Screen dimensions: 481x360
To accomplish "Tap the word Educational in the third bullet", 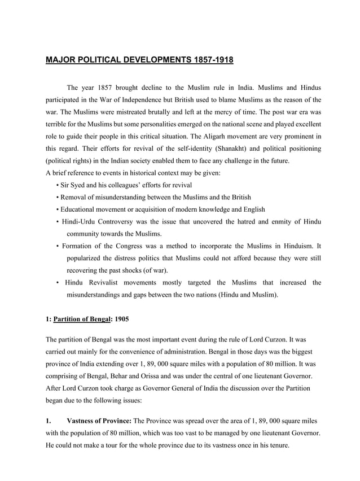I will point(80,209).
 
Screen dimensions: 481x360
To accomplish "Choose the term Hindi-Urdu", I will point(80,222).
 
